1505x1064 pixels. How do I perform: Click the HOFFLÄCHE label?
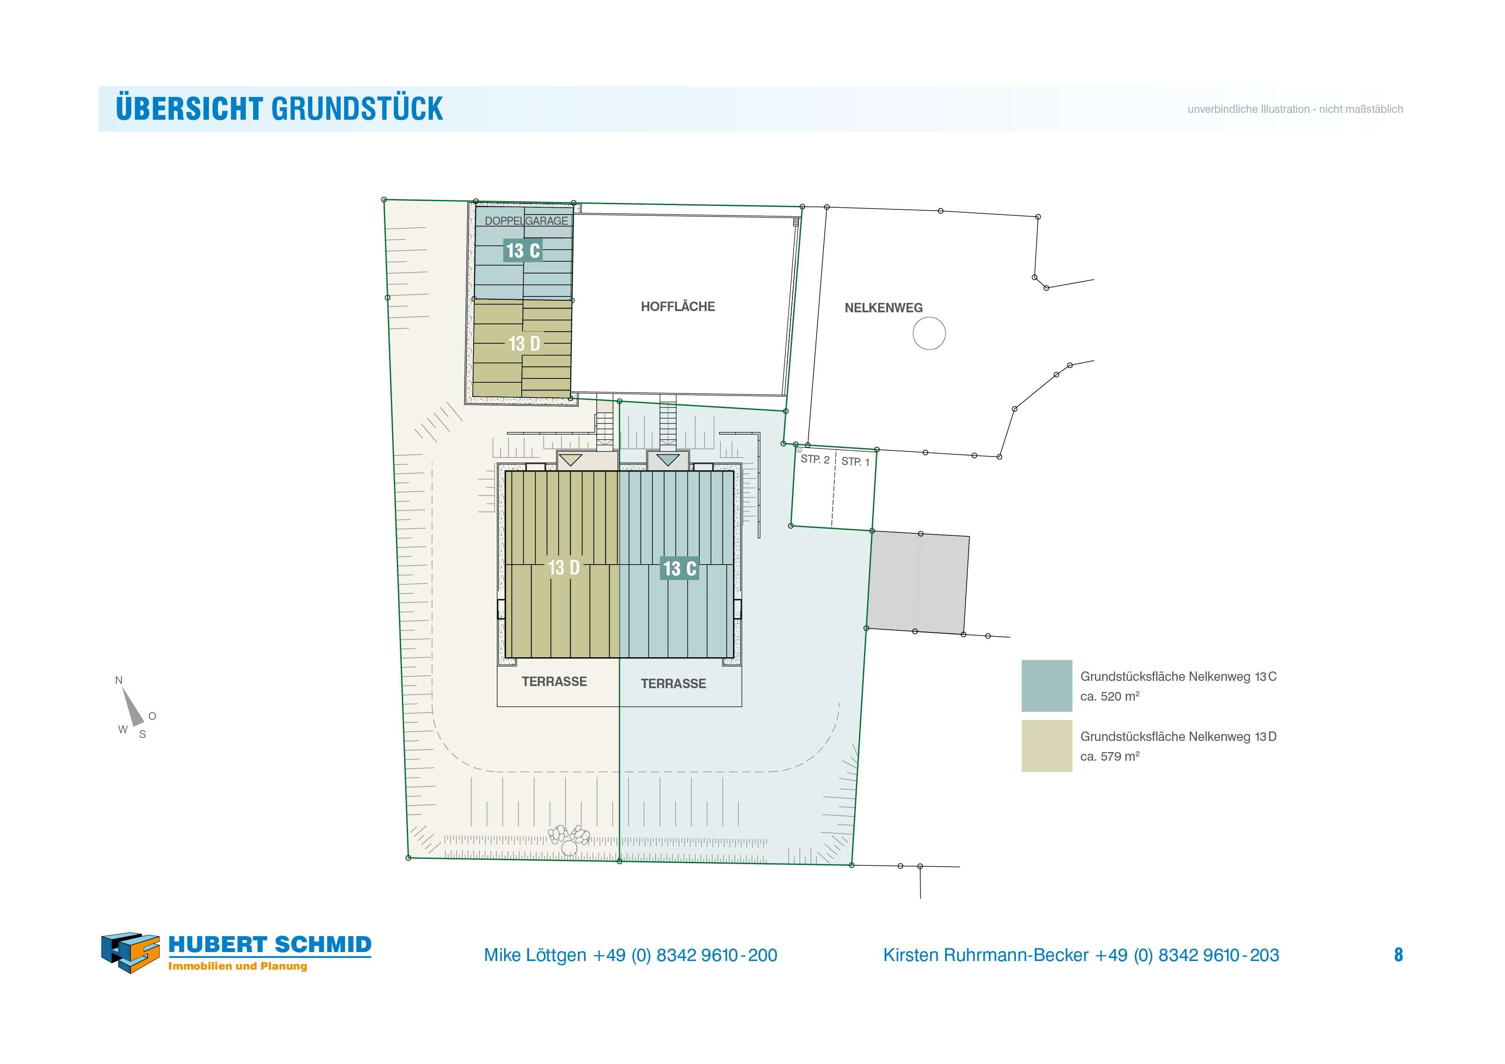tap(678, 307)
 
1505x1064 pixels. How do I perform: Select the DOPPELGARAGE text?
tap(526, 221)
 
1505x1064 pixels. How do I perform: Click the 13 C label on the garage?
tap(523, 251)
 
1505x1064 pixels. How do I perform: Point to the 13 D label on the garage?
tap(524, 344)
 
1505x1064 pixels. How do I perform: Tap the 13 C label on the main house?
tap(679, 568)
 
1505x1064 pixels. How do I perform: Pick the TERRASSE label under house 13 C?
tap(673, 684)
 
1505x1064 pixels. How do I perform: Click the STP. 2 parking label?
tap(815, 459)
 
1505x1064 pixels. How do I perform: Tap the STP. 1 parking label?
tap(855, 462)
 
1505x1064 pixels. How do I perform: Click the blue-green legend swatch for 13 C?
tap(1047, 686)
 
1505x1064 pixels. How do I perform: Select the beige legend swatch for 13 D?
tap(1047, 746)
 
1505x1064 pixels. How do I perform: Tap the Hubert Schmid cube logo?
tap(130, 952)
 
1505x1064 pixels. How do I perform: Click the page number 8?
tap(1398, 955)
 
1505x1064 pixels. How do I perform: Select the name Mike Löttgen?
tap(535, 955)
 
